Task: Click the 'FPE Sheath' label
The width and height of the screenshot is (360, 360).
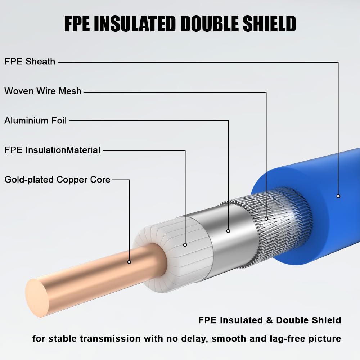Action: click(x=30, y=62)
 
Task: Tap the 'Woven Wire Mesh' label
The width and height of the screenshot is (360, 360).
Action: click(x=43, y=91)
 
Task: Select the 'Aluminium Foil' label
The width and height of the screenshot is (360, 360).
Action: click(x=36, y=121)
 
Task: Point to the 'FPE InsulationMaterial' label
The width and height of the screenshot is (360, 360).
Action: click(x=52, y=150)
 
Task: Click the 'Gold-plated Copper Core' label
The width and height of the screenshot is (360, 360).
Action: click(x=57, y=179)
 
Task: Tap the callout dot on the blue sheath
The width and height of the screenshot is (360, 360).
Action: click(x=338, y=196)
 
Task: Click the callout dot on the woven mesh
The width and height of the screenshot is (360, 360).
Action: click(x=266, y=219)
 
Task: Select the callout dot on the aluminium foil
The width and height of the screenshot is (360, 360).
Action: click(x=228, y=231)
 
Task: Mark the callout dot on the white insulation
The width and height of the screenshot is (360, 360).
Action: click(x=185, y=245)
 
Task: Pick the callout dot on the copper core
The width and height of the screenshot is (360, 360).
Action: click(x=129, y=262)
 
